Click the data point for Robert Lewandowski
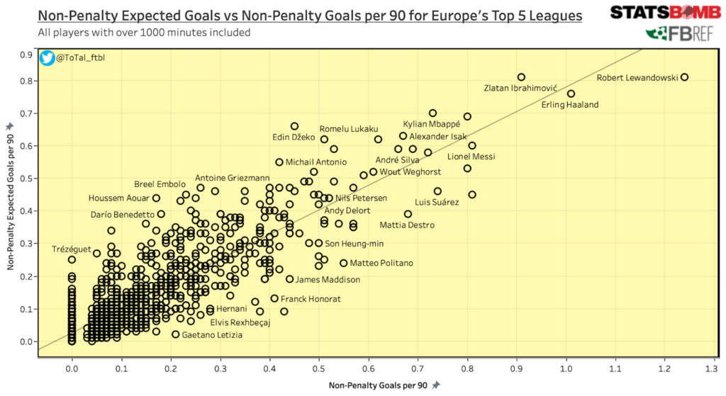[684, 77]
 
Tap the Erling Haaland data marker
[571, 94]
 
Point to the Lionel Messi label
[471, 157]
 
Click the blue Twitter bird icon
[48, 57]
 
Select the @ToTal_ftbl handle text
[80, 57]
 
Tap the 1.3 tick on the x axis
[713, 369]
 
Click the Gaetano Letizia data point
[175, 334]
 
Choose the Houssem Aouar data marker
[157, 198]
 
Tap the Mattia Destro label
[407, 225]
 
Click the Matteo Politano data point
[343, 263]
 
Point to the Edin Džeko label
[294, 137]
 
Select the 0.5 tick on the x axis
[318, 369]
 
